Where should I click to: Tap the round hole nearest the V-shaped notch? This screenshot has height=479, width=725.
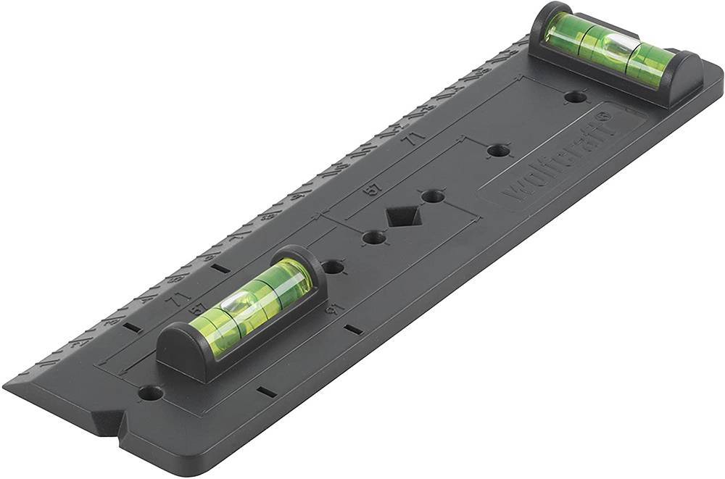pos(151,393)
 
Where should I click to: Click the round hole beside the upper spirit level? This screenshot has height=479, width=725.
pos(575,96)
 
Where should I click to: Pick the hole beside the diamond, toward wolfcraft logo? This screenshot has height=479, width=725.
pos(433,196)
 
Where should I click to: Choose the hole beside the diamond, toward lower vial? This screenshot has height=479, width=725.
pos(373,237)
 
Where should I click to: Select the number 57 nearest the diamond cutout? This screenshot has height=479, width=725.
pos(373,190)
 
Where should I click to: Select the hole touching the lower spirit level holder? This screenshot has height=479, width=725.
pos(333,267)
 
